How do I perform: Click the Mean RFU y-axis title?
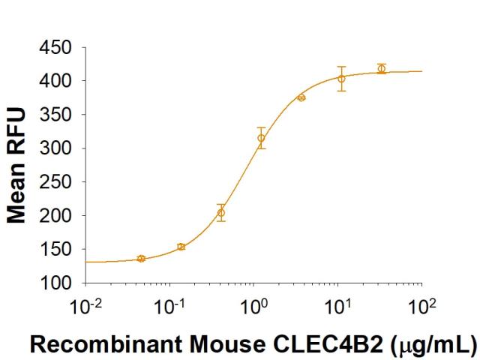coord(16,166)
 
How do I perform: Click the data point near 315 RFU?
coord(261,138)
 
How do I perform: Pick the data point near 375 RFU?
coord(301,98)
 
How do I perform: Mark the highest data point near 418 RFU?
coord(382,69)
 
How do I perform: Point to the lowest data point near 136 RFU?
coord(141,259)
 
